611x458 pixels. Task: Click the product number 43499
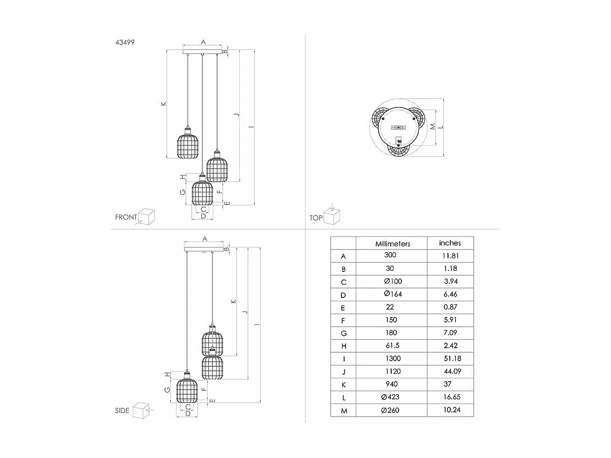pyautogui.click(x=125, y=42)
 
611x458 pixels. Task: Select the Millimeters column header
pyautogui.click(x=392, y=244)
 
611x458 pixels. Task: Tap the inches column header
pyautogui.click(x=450, y=243)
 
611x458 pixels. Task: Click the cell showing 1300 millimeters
pyautogui.click(x=392, y=358)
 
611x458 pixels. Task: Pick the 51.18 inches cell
pyautogui.click(x=450, y=358)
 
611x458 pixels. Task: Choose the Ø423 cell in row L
pyautogui.click(x=390, y=397)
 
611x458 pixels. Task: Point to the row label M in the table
pyautogui.click(x=343, y=411)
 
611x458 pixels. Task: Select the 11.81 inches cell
pyautogui.click(x=450, y=256)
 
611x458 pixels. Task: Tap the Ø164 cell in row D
pyautogui.click(x=392, y=294)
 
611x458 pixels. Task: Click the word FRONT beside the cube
pyautogui.click(x=126, y=217)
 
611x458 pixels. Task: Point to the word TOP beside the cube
pyautogui.click(x=316, y=218)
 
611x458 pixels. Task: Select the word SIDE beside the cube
pyautogui.click(x=122, y=411)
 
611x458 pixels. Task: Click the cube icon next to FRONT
pyautogui.click(x=147, y=216)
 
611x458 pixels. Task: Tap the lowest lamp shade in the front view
pyautogui.click(x=202, y=193)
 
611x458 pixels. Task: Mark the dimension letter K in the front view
pyautogui.click(x=163, y=104)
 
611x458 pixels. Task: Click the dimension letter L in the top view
pyautogui.click(x=441, y=127)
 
